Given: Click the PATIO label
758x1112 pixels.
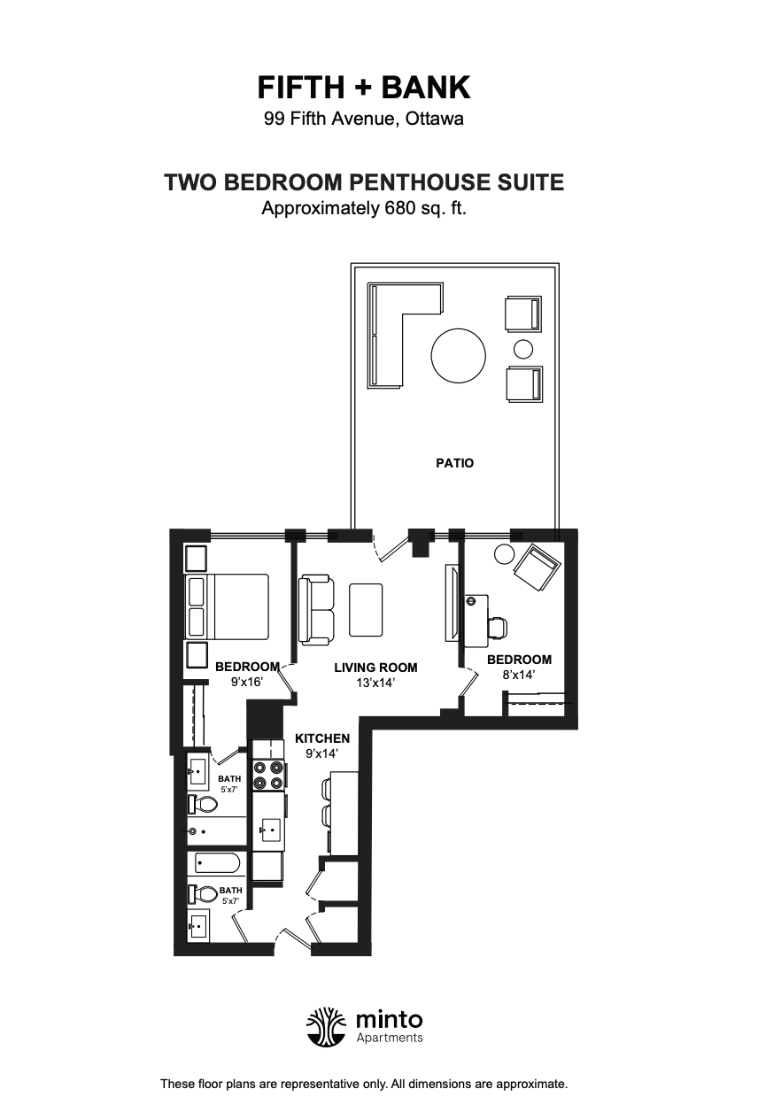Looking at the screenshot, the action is coord(454,463).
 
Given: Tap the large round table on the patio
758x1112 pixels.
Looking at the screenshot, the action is coord(458,355).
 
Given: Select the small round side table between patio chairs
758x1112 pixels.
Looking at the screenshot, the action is coord(523,349).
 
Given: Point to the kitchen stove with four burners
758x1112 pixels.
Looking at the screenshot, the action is coord(268,775).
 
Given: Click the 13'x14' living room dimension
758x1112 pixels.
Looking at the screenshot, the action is coord(375,683).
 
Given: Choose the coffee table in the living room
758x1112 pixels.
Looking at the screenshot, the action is coord(366,610).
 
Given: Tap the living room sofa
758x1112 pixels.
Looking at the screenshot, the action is coord(316,610).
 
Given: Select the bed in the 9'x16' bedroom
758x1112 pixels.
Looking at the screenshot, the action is coord(227,606).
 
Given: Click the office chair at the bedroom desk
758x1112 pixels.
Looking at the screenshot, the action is coord(498,627).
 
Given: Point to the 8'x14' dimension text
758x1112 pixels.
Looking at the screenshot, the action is coord(518,675).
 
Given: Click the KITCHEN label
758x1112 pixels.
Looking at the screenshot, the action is coord(322,738).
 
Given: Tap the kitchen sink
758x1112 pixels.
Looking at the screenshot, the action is coord(268,829).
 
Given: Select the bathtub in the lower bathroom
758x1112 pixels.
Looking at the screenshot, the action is coord(218,864).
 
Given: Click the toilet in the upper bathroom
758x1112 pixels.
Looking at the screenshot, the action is coord(203,804).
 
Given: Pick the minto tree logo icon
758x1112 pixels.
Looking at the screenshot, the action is coord(326,1027).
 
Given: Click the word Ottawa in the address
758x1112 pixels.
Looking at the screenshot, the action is coord(435,120).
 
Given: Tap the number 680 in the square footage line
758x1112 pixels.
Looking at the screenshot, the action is coord(399,208).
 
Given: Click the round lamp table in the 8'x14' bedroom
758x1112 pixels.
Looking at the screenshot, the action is coord(504,554).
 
